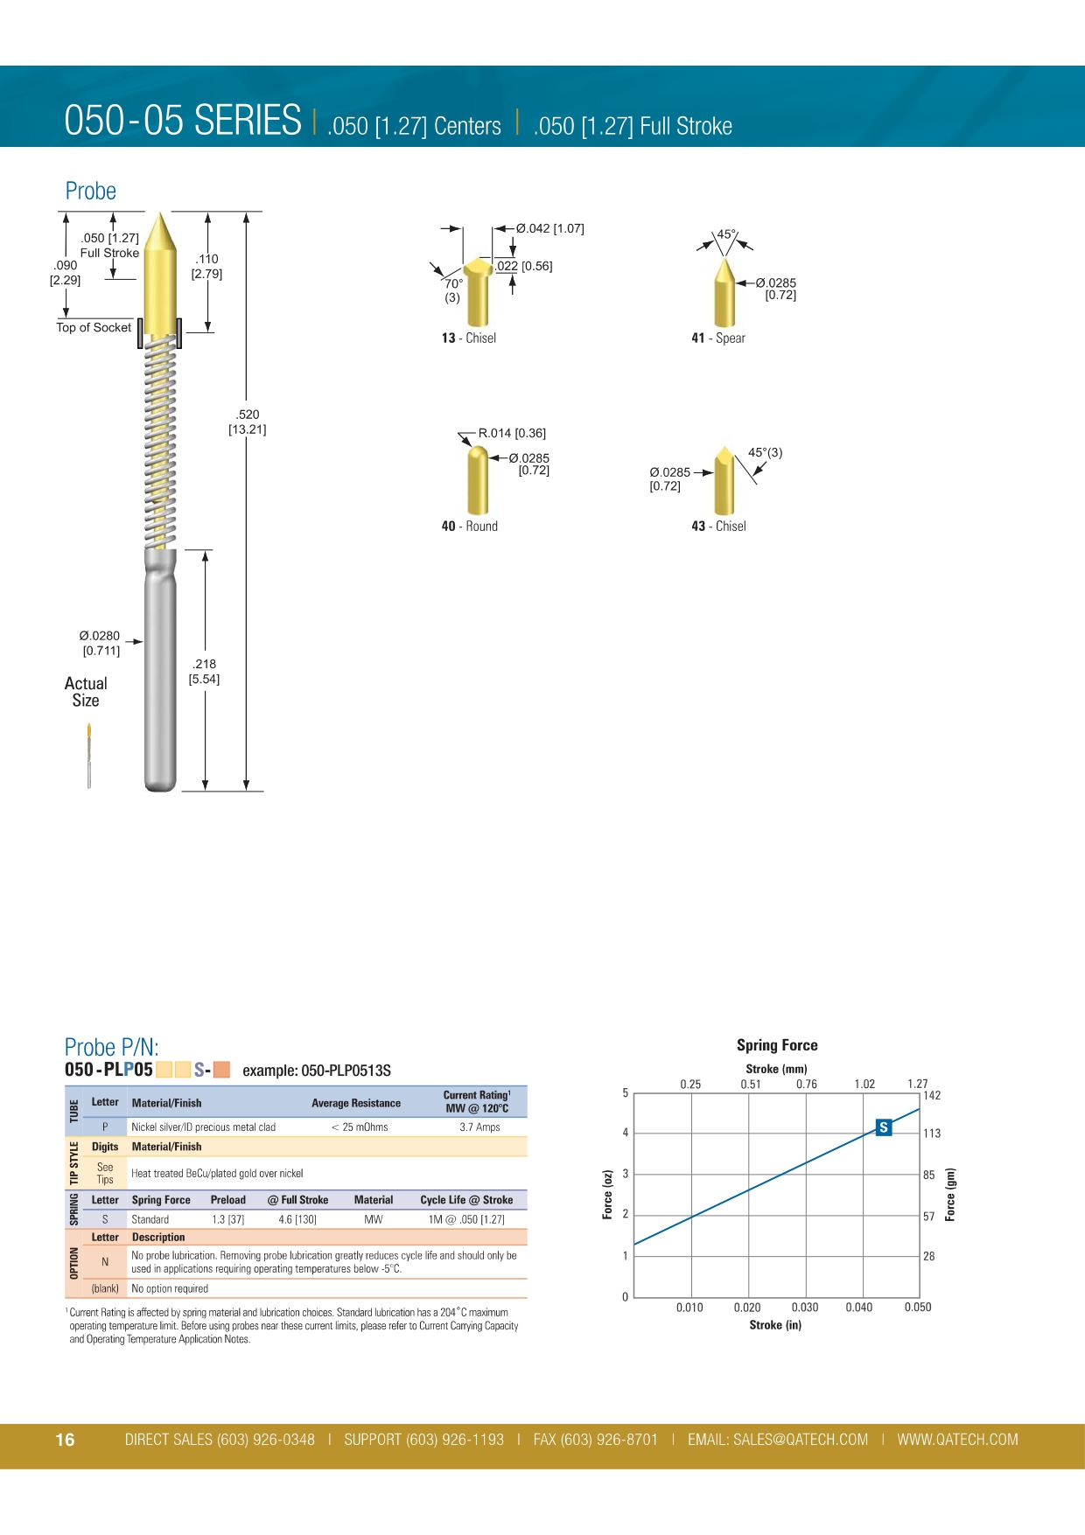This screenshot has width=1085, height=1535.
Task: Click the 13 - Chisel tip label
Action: [x=468, y=338]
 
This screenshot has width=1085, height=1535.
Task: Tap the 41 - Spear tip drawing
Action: [x=724, y=292]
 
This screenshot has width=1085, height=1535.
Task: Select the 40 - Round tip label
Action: [x=469, y=527]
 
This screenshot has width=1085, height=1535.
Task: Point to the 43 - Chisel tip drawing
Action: [x=724, y=480]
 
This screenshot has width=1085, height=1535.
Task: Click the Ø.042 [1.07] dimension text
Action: [x=549, y=228]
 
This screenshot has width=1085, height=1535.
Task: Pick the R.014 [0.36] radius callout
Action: [x=512, y=433]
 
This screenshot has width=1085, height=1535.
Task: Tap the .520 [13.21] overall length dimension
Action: [x=248, y=422]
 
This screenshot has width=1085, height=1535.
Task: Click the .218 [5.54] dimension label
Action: [x=204, y=672]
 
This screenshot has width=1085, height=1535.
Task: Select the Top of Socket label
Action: [x=94, y=328]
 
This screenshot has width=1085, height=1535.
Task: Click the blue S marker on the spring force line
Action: [x=884, y=1127]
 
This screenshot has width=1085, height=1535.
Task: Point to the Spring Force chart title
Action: [x=777, y=1045]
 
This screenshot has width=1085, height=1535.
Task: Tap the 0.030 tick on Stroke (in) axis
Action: [x=805, y=1308]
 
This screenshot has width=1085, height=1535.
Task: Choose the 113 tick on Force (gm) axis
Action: [x=932, y=1134]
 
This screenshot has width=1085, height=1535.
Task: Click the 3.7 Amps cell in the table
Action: [x=479, y=1127]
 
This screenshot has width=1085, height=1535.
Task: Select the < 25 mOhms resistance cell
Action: [x=360, y=1127]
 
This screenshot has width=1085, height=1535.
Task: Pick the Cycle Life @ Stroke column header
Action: [x=466, y=1200]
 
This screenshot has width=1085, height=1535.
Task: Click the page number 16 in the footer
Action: [x=66, y=1440]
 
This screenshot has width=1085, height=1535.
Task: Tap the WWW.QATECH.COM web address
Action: [x=957, y=1440]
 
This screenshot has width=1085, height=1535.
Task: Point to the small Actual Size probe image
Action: [x=89, y=756]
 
